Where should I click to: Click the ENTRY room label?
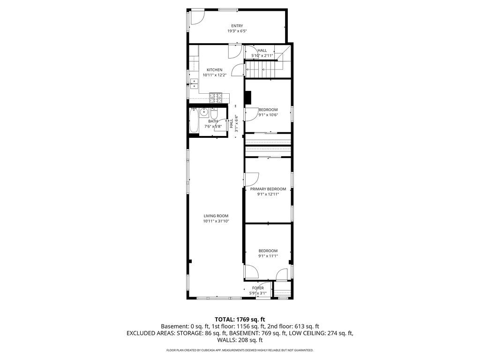[237, 26]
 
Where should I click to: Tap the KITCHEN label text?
[214, 70]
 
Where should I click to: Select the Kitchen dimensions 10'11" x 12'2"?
[214, 75]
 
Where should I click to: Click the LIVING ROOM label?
[216, 216]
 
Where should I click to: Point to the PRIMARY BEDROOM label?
[268, 189]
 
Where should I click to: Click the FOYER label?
[258, 288]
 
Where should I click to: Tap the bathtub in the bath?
[194, 120]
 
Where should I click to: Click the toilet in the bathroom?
[214, 113]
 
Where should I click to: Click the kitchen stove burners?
[216, 97]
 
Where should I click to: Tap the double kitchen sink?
[194, 84]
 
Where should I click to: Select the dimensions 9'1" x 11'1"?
[268, 256]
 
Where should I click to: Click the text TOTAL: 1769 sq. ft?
[240, 320]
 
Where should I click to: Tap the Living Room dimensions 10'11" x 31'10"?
[216, 221]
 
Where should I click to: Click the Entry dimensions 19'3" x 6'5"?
[237, 31]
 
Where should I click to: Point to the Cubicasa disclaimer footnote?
[240, 350]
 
